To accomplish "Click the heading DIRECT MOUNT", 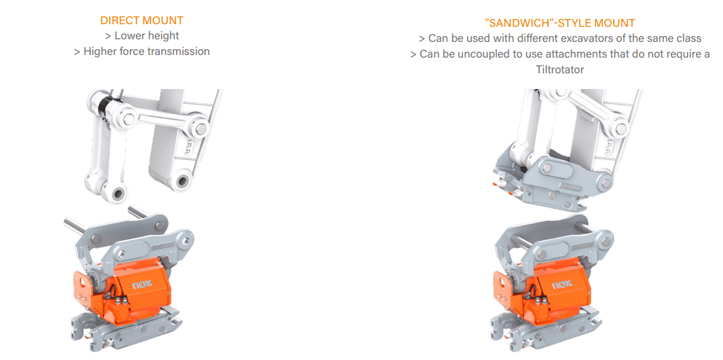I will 141,20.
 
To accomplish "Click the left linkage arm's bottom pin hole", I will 119,194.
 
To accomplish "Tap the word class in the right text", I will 688,39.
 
